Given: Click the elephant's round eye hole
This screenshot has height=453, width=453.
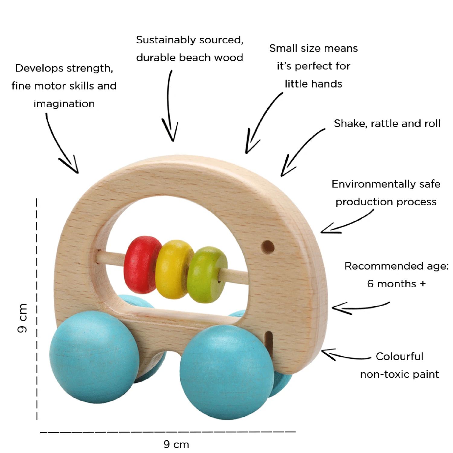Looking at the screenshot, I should pos(268,247).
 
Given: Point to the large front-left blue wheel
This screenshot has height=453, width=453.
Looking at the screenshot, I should pos(94,356).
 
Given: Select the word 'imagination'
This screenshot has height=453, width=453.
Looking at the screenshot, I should pos(64,104).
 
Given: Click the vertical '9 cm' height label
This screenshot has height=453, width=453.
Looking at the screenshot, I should pos(22,318).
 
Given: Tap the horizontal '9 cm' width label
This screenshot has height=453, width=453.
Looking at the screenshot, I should pos(176,444).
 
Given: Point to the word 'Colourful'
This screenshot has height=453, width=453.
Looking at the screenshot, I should pos(399,356).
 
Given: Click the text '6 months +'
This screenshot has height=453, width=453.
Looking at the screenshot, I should pos(396,284).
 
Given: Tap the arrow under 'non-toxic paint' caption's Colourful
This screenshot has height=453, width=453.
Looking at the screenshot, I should pos(344,355).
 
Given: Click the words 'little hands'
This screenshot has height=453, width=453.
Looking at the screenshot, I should pos(313,84).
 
